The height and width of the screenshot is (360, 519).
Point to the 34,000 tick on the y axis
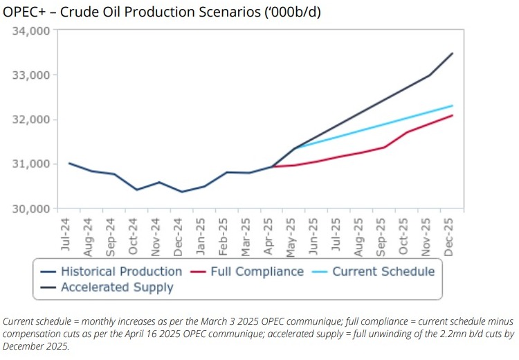(30, 31)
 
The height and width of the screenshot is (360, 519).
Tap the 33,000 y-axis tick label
(30, 75)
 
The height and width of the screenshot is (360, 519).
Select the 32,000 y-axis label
(30, 120)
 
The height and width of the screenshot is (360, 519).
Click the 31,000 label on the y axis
(30, 164)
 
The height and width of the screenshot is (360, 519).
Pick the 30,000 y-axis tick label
(30, 208)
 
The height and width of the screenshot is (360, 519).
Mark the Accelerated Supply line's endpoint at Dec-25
(452, 53)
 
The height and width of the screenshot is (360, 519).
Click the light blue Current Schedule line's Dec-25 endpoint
(452, 106)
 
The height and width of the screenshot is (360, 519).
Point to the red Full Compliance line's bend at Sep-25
(384, 147)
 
